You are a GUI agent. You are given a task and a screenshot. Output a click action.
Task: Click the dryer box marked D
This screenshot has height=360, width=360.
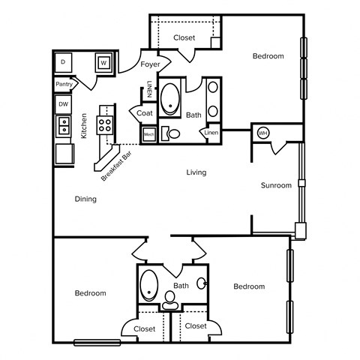[x=64, y=61]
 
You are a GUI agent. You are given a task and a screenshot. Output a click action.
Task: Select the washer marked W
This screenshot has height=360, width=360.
[x=103, y=62]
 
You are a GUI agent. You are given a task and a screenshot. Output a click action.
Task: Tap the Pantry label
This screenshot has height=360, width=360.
[x=64, y=85]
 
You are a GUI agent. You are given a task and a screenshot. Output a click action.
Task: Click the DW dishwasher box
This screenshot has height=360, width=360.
[x=64, y=104]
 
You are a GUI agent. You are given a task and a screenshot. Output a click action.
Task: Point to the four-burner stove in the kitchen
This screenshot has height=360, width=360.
[x=106, y=124]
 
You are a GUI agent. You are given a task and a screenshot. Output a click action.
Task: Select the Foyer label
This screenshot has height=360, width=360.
[x=150, y=65]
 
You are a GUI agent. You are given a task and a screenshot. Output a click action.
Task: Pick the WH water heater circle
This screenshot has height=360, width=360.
[x=262, y=133]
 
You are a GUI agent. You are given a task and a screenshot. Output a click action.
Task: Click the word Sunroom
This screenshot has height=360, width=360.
[x=275, y=185]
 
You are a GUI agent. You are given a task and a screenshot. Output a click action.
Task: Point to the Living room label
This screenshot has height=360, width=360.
[x=196, y=172]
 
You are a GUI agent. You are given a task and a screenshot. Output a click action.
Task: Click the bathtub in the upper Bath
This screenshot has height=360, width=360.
[x=171, y=97]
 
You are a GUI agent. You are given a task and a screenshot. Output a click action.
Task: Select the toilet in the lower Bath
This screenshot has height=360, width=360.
[x=170, y=298]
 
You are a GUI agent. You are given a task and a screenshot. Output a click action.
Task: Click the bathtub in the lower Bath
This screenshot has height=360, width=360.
[x=149, y=284]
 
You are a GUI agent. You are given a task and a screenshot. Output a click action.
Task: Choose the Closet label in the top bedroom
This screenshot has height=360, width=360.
[x=184, y=37]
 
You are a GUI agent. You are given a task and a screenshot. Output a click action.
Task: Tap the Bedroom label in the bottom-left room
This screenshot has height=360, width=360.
[x=90, y=293]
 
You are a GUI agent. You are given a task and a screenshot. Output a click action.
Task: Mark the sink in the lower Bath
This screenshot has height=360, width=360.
[x=202, y=283]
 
